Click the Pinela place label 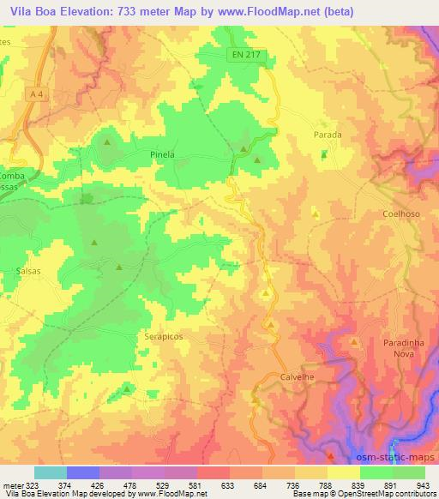(x=162, y=155)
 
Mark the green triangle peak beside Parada (x=324, y=155)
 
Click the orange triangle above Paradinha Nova (x=354, y=341)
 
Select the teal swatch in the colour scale (x=50, y=472)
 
